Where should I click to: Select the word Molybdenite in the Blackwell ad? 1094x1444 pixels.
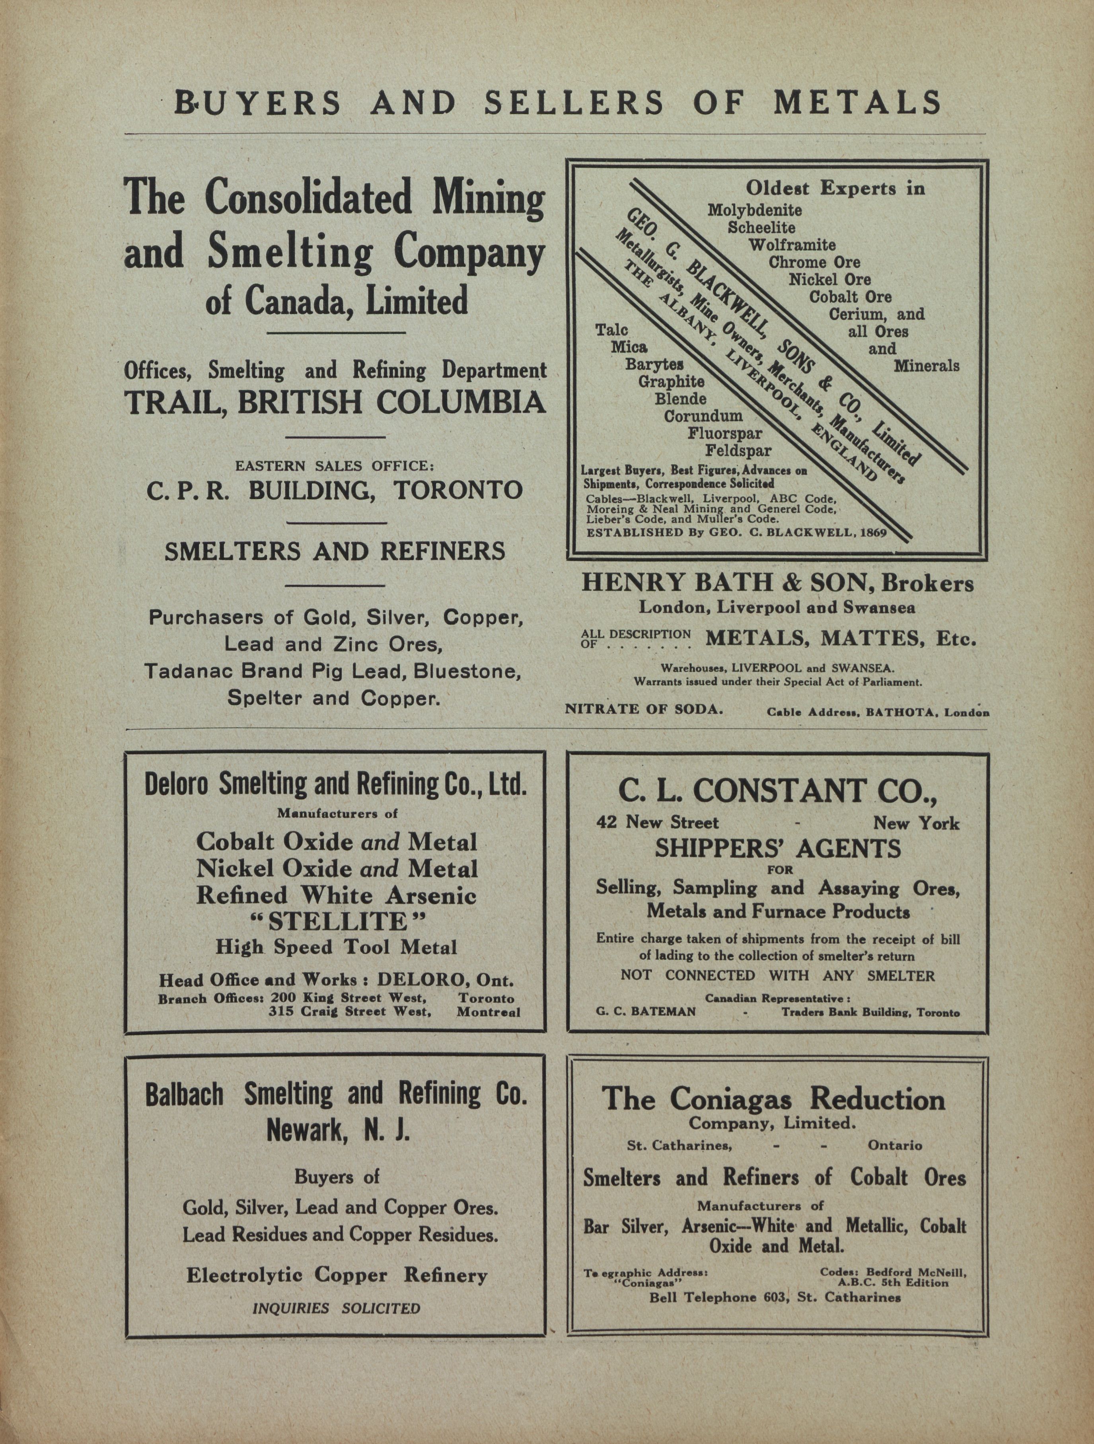coord(755,211)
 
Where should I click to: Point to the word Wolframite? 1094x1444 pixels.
coord(792,245)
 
